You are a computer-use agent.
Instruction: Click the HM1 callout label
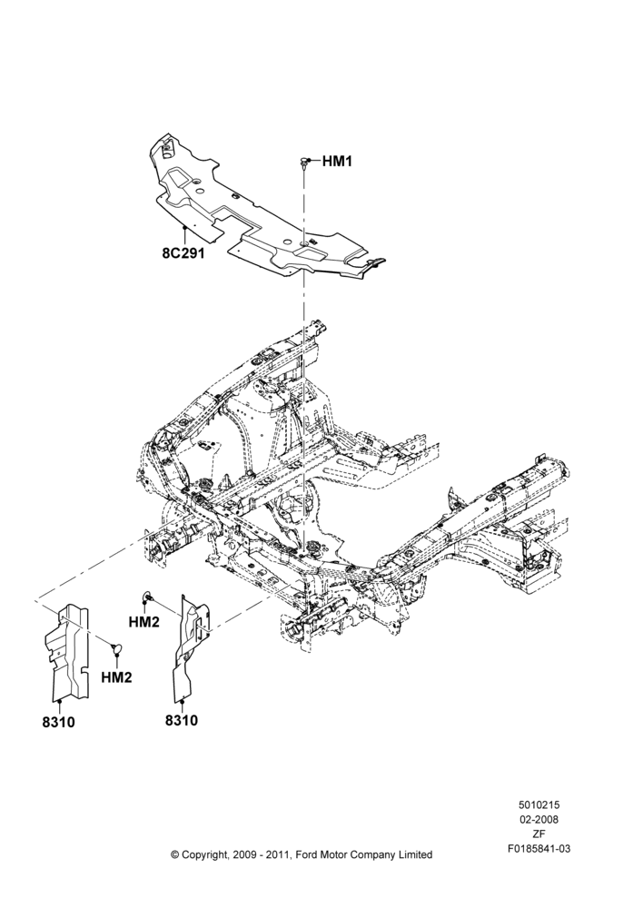[x=337, y=162]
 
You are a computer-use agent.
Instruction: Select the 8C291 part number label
[x=183, y=253]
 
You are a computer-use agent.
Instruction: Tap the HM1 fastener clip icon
[x=303, y=163]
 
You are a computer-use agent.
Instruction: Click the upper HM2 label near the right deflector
[x=143, y=621]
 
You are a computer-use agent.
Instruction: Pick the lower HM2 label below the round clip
[x=116, y=677]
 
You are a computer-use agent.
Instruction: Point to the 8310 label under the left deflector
[x=58, y=722]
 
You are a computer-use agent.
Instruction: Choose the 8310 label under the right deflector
[x=182, y=720]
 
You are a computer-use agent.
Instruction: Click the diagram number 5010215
[x=539, y=804]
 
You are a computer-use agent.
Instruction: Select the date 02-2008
[x=539, y=819]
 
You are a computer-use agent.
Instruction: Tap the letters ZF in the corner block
[x=539, y=834]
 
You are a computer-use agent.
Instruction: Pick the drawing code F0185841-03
[x=539, y=849]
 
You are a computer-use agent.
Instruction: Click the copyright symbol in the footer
[x=175, y=855]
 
